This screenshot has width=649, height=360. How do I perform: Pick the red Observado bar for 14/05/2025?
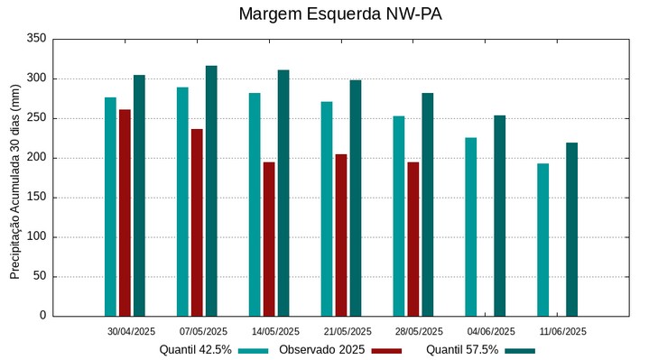(x=269, y=239)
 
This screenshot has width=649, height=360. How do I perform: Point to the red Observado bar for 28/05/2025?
(x=413, y=239)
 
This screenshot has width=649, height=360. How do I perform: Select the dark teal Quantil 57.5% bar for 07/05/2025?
(x=211, y=190)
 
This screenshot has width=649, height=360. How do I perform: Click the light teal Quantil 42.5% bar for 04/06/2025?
(x=470, y=226)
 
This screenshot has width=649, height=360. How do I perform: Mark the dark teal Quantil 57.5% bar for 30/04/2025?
(x=139, y=196)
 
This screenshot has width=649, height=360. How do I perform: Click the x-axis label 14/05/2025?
(x=275, y=331)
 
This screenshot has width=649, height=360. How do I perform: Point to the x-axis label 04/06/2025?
(x=492, y=331)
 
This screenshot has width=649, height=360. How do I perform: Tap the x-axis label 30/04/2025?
(x=131, y=331)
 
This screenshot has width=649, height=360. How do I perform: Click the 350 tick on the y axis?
(x=37, y=39)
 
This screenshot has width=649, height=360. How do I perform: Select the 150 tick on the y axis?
(x=37, y=198)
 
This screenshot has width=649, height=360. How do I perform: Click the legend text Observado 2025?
(x=321, y=350)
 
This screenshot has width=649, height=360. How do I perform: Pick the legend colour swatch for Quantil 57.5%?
(x=520, y=350)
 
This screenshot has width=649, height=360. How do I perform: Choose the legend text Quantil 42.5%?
(x=195, y=350)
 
